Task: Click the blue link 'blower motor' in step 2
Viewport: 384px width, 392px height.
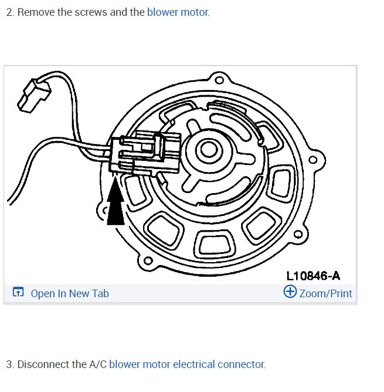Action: pos(178,12)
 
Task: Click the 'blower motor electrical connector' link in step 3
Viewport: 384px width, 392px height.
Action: pos(187,365)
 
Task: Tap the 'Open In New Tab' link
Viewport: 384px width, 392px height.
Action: pos(69,294)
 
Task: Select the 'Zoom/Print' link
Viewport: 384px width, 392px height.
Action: pos(325,293)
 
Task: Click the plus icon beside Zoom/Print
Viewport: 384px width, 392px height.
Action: pos(290,292)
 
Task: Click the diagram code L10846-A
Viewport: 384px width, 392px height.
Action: pos(313,276)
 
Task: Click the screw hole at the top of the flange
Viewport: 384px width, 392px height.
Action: pos(219,80)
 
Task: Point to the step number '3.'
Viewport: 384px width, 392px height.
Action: pos(10,365)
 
